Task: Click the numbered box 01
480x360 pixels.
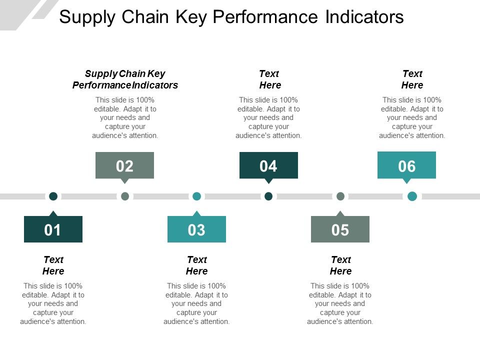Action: [53, 229]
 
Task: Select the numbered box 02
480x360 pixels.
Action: [124, 165]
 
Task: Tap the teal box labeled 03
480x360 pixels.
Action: [196, 229]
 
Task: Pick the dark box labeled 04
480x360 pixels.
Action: [268, 165]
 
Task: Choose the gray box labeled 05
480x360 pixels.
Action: [340, 229]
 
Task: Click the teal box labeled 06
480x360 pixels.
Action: [406, 165]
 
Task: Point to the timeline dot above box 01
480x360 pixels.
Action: [53, 196]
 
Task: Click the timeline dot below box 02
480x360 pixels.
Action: [125, 196]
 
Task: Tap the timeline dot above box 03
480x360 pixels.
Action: [197, 196]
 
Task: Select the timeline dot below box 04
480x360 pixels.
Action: [268, 196]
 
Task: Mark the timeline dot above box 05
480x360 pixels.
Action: [340, 196]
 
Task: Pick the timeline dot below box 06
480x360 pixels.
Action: [412, 196]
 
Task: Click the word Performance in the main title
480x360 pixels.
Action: [265, 17]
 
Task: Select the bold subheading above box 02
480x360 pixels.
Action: [125, 79]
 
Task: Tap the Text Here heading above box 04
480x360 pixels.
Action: [270, 79]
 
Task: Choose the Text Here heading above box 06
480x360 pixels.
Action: [412, 79]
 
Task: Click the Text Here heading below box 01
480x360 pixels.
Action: [53, 265]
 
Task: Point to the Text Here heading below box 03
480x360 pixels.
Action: [197, 265]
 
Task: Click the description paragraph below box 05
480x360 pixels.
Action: [340, 303]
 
